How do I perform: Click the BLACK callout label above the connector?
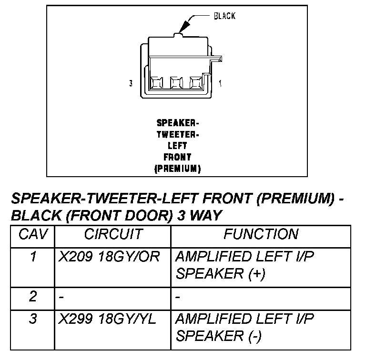[224, 16]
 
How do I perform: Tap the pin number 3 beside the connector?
[131, 84]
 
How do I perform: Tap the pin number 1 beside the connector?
[220, 84]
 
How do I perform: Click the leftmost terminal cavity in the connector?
[156, 84]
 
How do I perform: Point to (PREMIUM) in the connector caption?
[177, 168]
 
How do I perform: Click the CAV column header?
[32, 234]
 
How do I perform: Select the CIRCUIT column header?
[113, 234]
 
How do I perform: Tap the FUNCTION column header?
[261, 234]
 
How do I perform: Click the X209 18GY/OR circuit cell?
[109, 257]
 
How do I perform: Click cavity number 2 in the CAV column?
[32, 297]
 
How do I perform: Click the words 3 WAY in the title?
[199, 216]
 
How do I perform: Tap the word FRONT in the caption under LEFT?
[177, 157]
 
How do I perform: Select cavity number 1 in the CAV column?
[32, 257]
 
